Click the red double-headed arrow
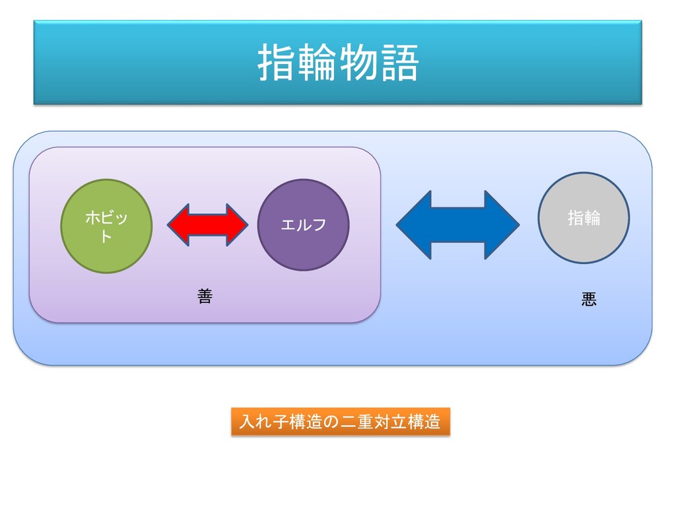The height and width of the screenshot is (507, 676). tap(207, 225)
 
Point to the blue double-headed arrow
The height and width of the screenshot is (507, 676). tap(457, 225)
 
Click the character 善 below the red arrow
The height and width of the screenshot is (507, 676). tap(205, 297)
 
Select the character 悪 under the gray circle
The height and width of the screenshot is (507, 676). tap(589, 300)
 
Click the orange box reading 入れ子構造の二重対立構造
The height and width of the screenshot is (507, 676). tap(340, 421)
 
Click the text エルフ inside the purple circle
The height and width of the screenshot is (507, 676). tap(303, 225)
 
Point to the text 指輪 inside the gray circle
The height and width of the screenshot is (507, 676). tap(584, 218)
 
